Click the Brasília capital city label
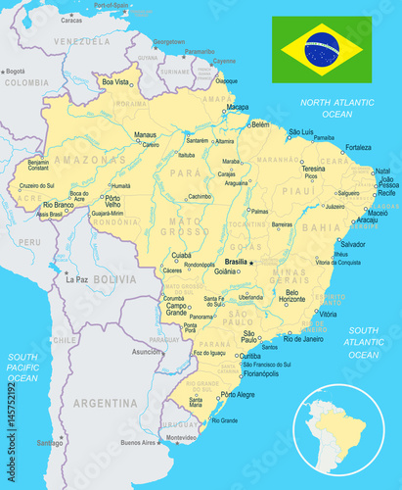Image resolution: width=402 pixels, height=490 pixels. [x=235, y=262]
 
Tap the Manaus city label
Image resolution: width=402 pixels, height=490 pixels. [x=145, y=134]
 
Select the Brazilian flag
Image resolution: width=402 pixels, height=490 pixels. [x=321, y=48]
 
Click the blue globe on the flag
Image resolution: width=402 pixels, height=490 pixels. [x=321, y=48]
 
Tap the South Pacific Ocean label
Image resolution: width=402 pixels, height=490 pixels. [x=22, y=367]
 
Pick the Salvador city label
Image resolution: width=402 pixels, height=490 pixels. [x=352, y=244]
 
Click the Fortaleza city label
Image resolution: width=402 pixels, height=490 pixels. [x=358, y=148]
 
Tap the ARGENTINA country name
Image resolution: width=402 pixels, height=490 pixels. [x=105, y=403]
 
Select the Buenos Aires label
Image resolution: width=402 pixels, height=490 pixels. [x=138, y=442]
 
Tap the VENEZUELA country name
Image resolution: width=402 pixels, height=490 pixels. [x=82, y=42]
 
